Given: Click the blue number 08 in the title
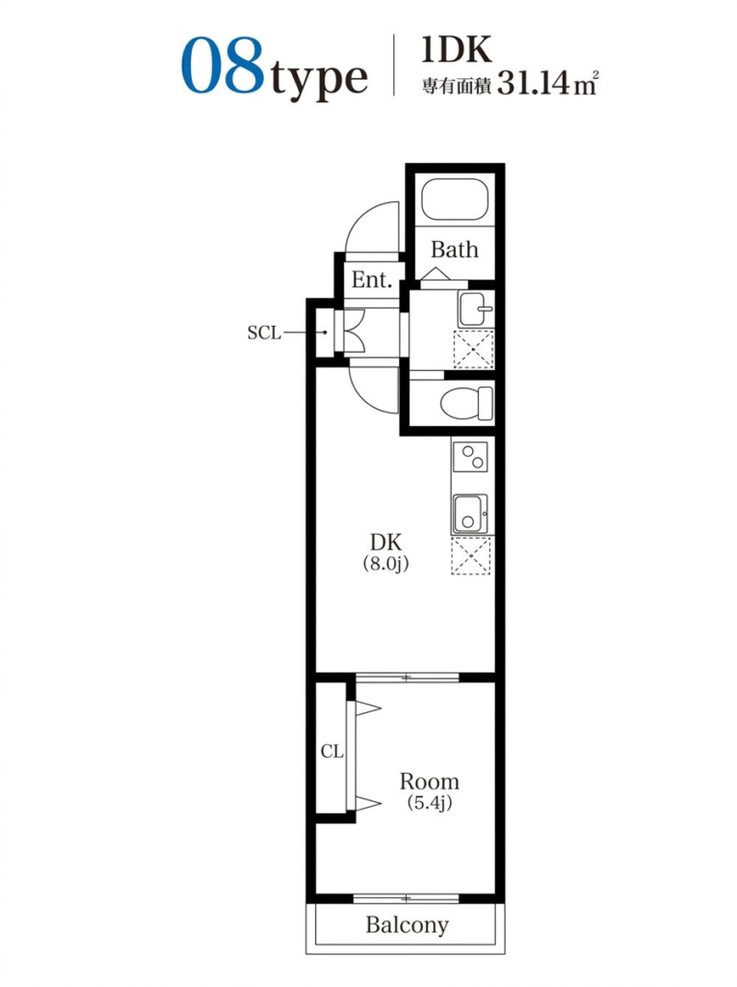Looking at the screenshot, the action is click(x=223, y=66).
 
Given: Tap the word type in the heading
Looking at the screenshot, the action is click(x=319, y=79).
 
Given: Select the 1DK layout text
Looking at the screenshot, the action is click(x=457, y=50).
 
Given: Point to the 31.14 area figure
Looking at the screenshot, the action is click(x=533, y=82).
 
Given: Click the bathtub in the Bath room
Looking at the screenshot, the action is click(x=455, y=199).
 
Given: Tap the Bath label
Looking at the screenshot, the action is click(x=455, y=250).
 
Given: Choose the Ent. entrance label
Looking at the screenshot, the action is click(x=371, y=279).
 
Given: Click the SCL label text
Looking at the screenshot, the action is click(x=264, y=333).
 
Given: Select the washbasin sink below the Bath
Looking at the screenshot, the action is click(x=475, y=309).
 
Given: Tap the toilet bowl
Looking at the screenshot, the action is click(x=466, y=403).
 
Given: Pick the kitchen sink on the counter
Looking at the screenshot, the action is click(x=470, y=514).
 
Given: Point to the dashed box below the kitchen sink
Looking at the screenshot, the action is click(x=471, y=556).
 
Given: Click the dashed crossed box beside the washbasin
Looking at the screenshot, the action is click(x=474, y=349).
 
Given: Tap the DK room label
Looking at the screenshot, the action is click(x=385, y=542).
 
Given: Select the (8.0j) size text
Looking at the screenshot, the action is click(x=385, y=563).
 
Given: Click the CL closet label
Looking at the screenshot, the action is click(x=331, y=751).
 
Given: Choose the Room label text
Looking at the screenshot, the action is click(x=430, y=782).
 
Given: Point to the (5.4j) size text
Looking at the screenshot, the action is click(x=430, y=803).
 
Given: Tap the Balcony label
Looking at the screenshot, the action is click(x=408, y=924).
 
